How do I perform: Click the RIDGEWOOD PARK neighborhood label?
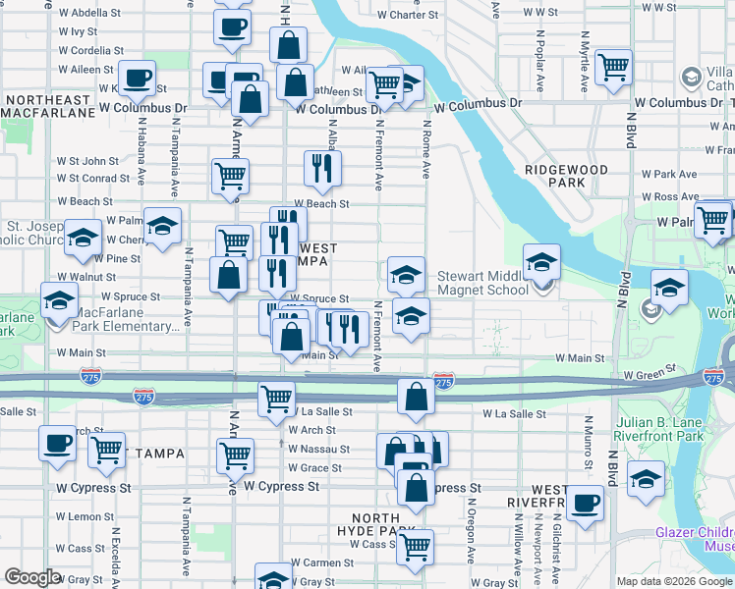click(568, 176)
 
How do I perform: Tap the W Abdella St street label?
click(89, 14)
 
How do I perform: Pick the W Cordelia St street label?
click(89, 50)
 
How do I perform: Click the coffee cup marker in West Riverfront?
click(585, 503)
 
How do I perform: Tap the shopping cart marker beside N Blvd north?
click(614, 68)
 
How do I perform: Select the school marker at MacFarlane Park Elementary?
click(60, 298)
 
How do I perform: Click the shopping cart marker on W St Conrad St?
click(230, 176)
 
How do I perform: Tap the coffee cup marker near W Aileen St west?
click(137, 77)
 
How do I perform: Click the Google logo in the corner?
click(32, 577)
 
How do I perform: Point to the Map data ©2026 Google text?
click(674, 582)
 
